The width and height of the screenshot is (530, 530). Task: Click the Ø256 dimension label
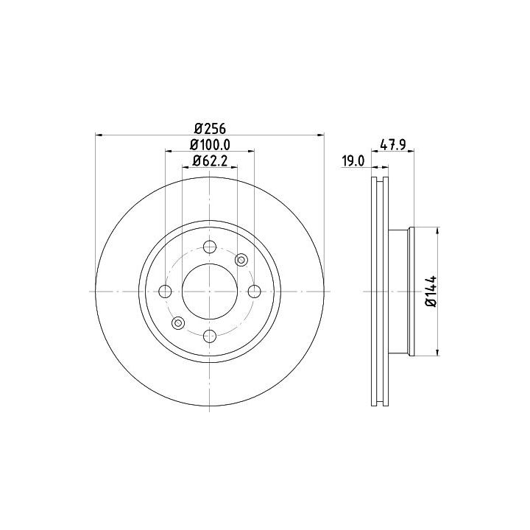[210, 128]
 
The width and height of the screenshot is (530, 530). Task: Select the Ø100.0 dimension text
[210, 145]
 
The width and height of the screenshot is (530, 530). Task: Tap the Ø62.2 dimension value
[210, 161]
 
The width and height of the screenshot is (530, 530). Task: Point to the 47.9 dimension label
[393, 145]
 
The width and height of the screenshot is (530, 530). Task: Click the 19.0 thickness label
[353, 161]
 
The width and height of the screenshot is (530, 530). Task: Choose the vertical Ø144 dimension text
[431, 291]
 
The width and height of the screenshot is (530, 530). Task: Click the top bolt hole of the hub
[210, 247]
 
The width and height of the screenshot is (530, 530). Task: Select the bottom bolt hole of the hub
[210, 336]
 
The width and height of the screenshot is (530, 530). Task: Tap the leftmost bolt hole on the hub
[166, 291]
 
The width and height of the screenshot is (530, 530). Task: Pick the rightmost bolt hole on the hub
[255, 291]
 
